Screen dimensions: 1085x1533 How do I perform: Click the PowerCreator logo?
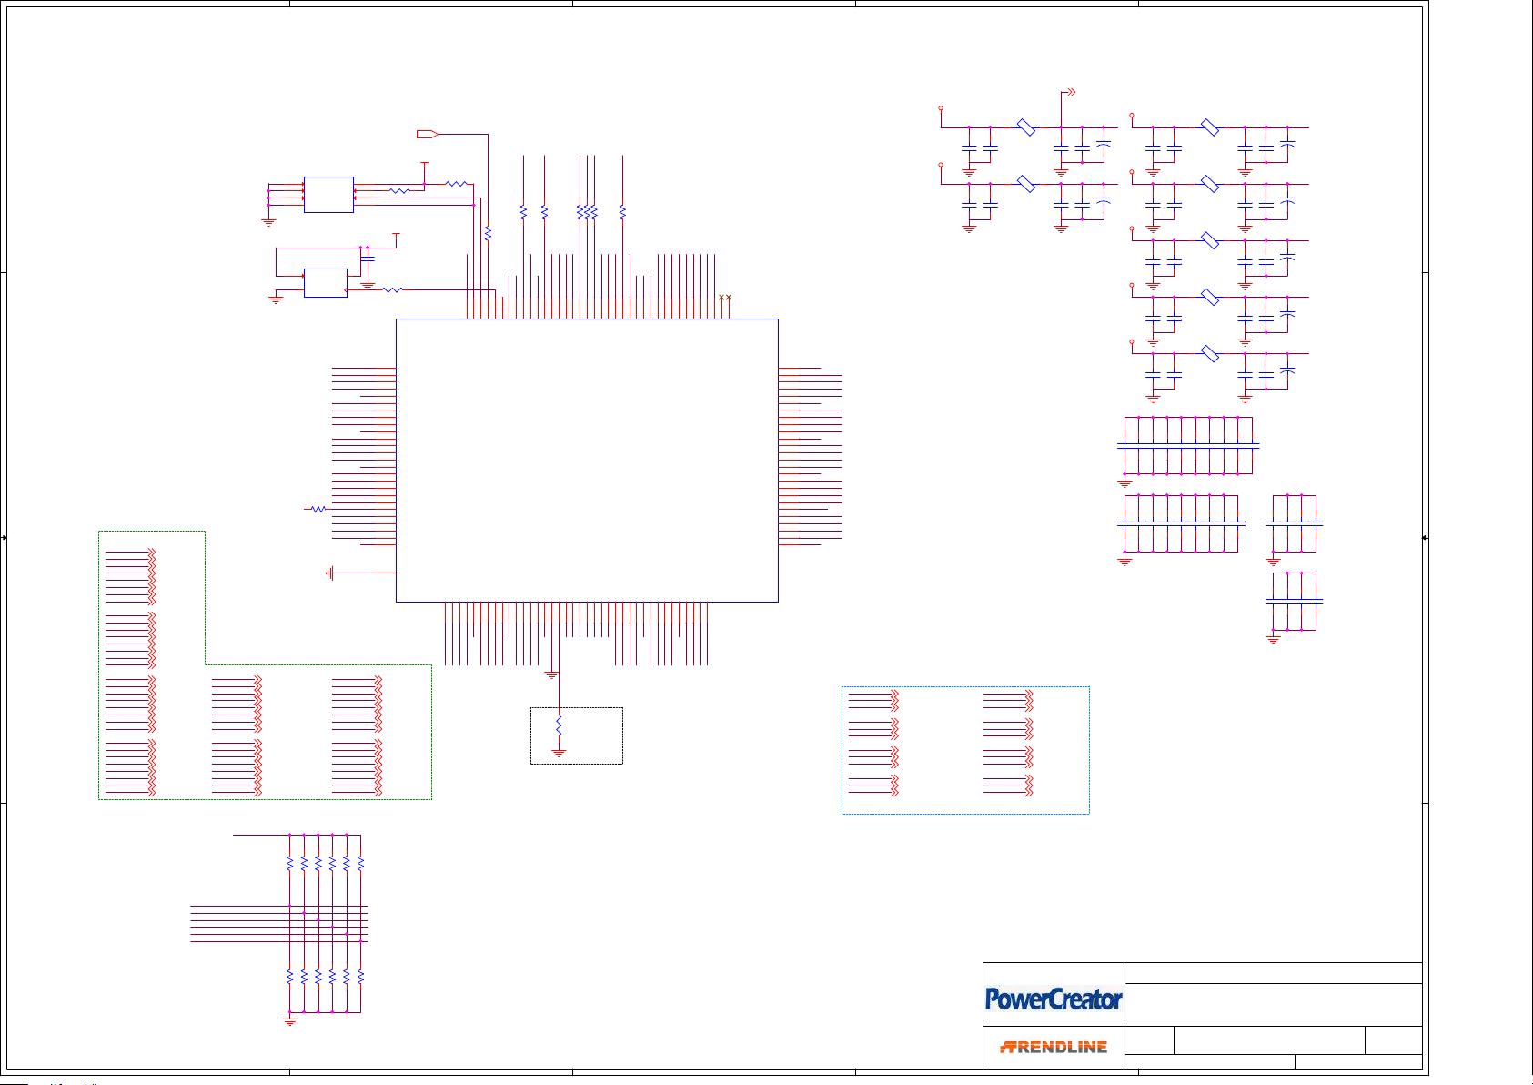click(1054, 999)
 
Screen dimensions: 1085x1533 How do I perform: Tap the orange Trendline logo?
click(1054, 1047)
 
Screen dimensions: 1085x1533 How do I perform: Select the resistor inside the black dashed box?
click(559, 726)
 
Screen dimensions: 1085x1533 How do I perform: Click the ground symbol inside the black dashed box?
click(559, 753)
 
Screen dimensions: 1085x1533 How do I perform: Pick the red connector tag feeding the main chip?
click(427, 135)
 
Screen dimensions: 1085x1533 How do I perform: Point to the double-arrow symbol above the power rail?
click(1071, 92)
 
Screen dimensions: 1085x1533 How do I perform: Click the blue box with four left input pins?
click(328, 195)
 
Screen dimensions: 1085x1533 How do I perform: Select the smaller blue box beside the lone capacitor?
click(325, 283)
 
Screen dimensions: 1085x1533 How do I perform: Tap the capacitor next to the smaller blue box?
click(368, 259)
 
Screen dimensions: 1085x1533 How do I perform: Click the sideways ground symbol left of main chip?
click(330, 573)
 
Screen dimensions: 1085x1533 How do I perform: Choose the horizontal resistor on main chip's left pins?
click(318, 509)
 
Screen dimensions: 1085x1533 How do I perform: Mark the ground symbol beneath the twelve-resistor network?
click(290, 1021)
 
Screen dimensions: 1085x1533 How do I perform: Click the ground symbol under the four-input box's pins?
click(268, 220)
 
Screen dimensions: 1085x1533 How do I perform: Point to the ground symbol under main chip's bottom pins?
click(551, 674)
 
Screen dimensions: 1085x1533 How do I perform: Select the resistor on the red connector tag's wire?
click(488, 234)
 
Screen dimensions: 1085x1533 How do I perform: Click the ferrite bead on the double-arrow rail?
click(1025, 128)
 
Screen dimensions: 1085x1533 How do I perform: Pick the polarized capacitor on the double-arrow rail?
click(1104, 145)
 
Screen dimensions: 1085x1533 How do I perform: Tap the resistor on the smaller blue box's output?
click(392, 289)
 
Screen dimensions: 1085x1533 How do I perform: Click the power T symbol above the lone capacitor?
click(396, 235)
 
